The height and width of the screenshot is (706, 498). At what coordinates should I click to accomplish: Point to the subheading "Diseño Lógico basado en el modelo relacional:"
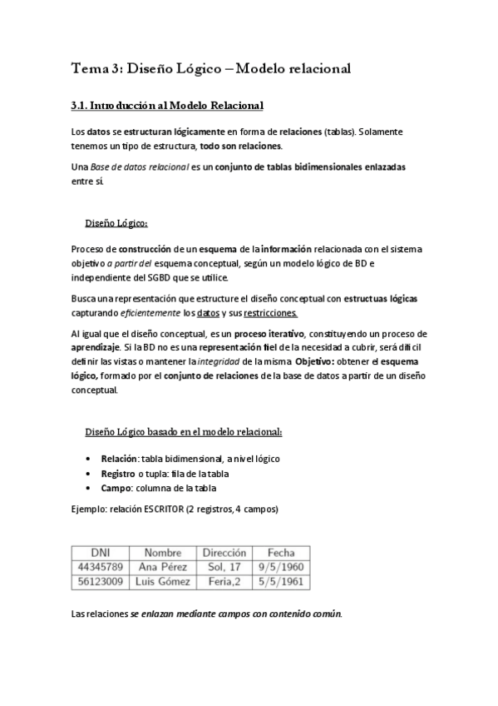click(184, 432)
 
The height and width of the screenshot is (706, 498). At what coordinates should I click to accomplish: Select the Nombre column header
click(163, 552)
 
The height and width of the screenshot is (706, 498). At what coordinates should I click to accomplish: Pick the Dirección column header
click(224, 552)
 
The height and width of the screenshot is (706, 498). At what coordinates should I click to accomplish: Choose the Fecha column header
click(282, 552)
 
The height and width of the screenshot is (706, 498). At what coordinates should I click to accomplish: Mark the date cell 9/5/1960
click(282, 567)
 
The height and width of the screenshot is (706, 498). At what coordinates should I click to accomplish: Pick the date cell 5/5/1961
click(282, 581)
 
